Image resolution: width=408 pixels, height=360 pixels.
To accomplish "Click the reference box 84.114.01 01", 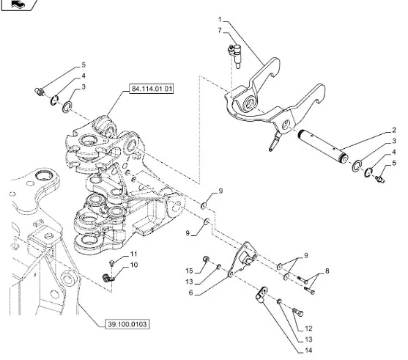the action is click(152, 89).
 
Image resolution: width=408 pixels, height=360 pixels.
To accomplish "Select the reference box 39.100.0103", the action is click(127, 324).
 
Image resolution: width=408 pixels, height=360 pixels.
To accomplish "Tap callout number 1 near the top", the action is click(220, 20).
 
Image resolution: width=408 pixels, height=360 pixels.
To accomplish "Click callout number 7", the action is click(220, 31).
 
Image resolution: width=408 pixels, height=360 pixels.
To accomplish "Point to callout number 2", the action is click(394, 130).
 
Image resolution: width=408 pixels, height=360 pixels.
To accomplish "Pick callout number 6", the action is click(190, 293).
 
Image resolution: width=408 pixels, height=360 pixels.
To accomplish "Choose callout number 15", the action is click(189, 271).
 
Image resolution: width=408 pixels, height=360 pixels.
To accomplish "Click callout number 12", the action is click(308, 328).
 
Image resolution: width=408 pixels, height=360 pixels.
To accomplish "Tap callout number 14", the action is click(308, 350).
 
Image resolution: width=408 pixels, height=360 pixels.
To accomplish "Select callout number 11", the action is click(133, 254).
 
